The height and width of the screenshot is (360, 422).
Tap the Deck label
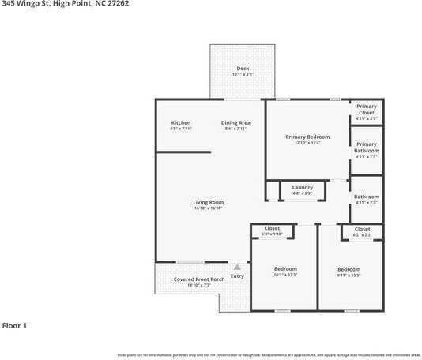tap(243, 69)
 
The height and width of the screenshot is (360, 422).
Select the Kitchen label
tap(181, 122)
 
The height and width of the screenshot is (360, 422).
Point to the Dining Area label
tap(235, 122)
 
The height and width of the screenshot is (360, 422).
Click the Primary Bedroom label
tap(307, 137)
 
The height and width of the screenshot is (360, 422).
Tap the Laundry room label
tap(302, 187)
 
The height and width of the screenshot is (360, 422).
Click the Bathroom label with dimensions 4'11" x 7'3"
tap(366, 197)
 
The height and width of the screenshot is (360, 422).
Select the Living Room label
tap(209, 202)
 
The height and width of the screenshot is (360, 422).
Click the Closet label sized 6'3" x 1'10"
tap(272, 228)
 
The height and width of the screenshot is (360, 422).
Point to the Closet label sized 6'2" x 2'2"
tap(362, 229)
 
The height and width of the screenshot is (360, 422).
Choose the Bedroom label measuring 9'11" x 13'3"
tap(349, 269)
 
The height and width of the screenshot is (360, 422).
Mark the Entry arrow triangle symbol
tap(236, 268)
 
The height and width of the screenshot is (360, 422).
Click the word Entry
tap(237, 276)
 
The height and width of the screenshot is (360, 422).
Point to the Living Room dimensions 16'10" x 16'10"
tap(209, 208)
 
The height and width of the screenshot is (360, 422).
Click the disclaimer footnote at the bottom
tap(269, 355)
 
